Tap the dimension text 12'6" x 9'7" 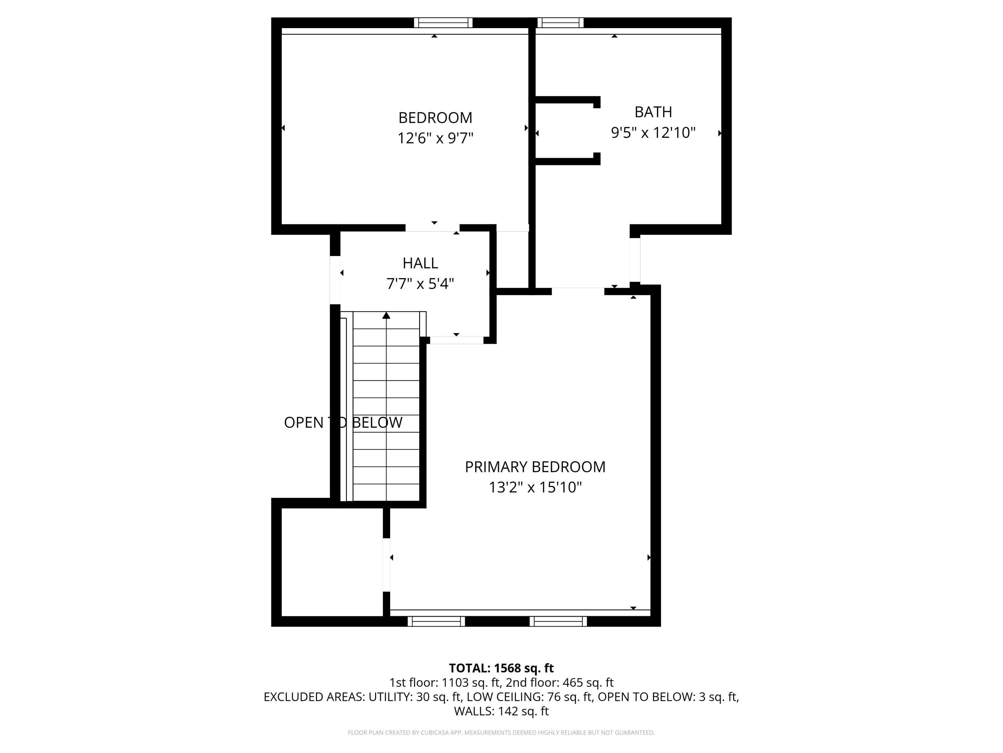(x=435, y=138)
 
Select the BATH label (x=653, y=112)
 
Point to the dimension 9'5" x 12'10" (x=653, y=133)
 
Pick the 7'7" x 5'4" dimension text (x=420, y=284)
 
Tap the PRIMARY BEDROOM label (x=535, y=467)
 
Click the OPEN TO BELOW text (x=343, y=423)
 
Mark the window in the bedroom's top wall (x=443, y=23)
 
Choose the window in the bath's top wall (x=560, y=23)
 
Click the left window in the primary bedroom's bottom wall (x=436, y=621)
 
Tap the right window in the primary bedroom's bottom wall (x=558, y=621)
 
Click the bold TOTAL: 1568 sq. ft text (x=501, y=668)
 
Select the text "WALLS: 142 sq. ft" (x=501, y=711)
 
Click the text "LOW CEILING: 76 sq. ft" (x=530, y=697)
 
